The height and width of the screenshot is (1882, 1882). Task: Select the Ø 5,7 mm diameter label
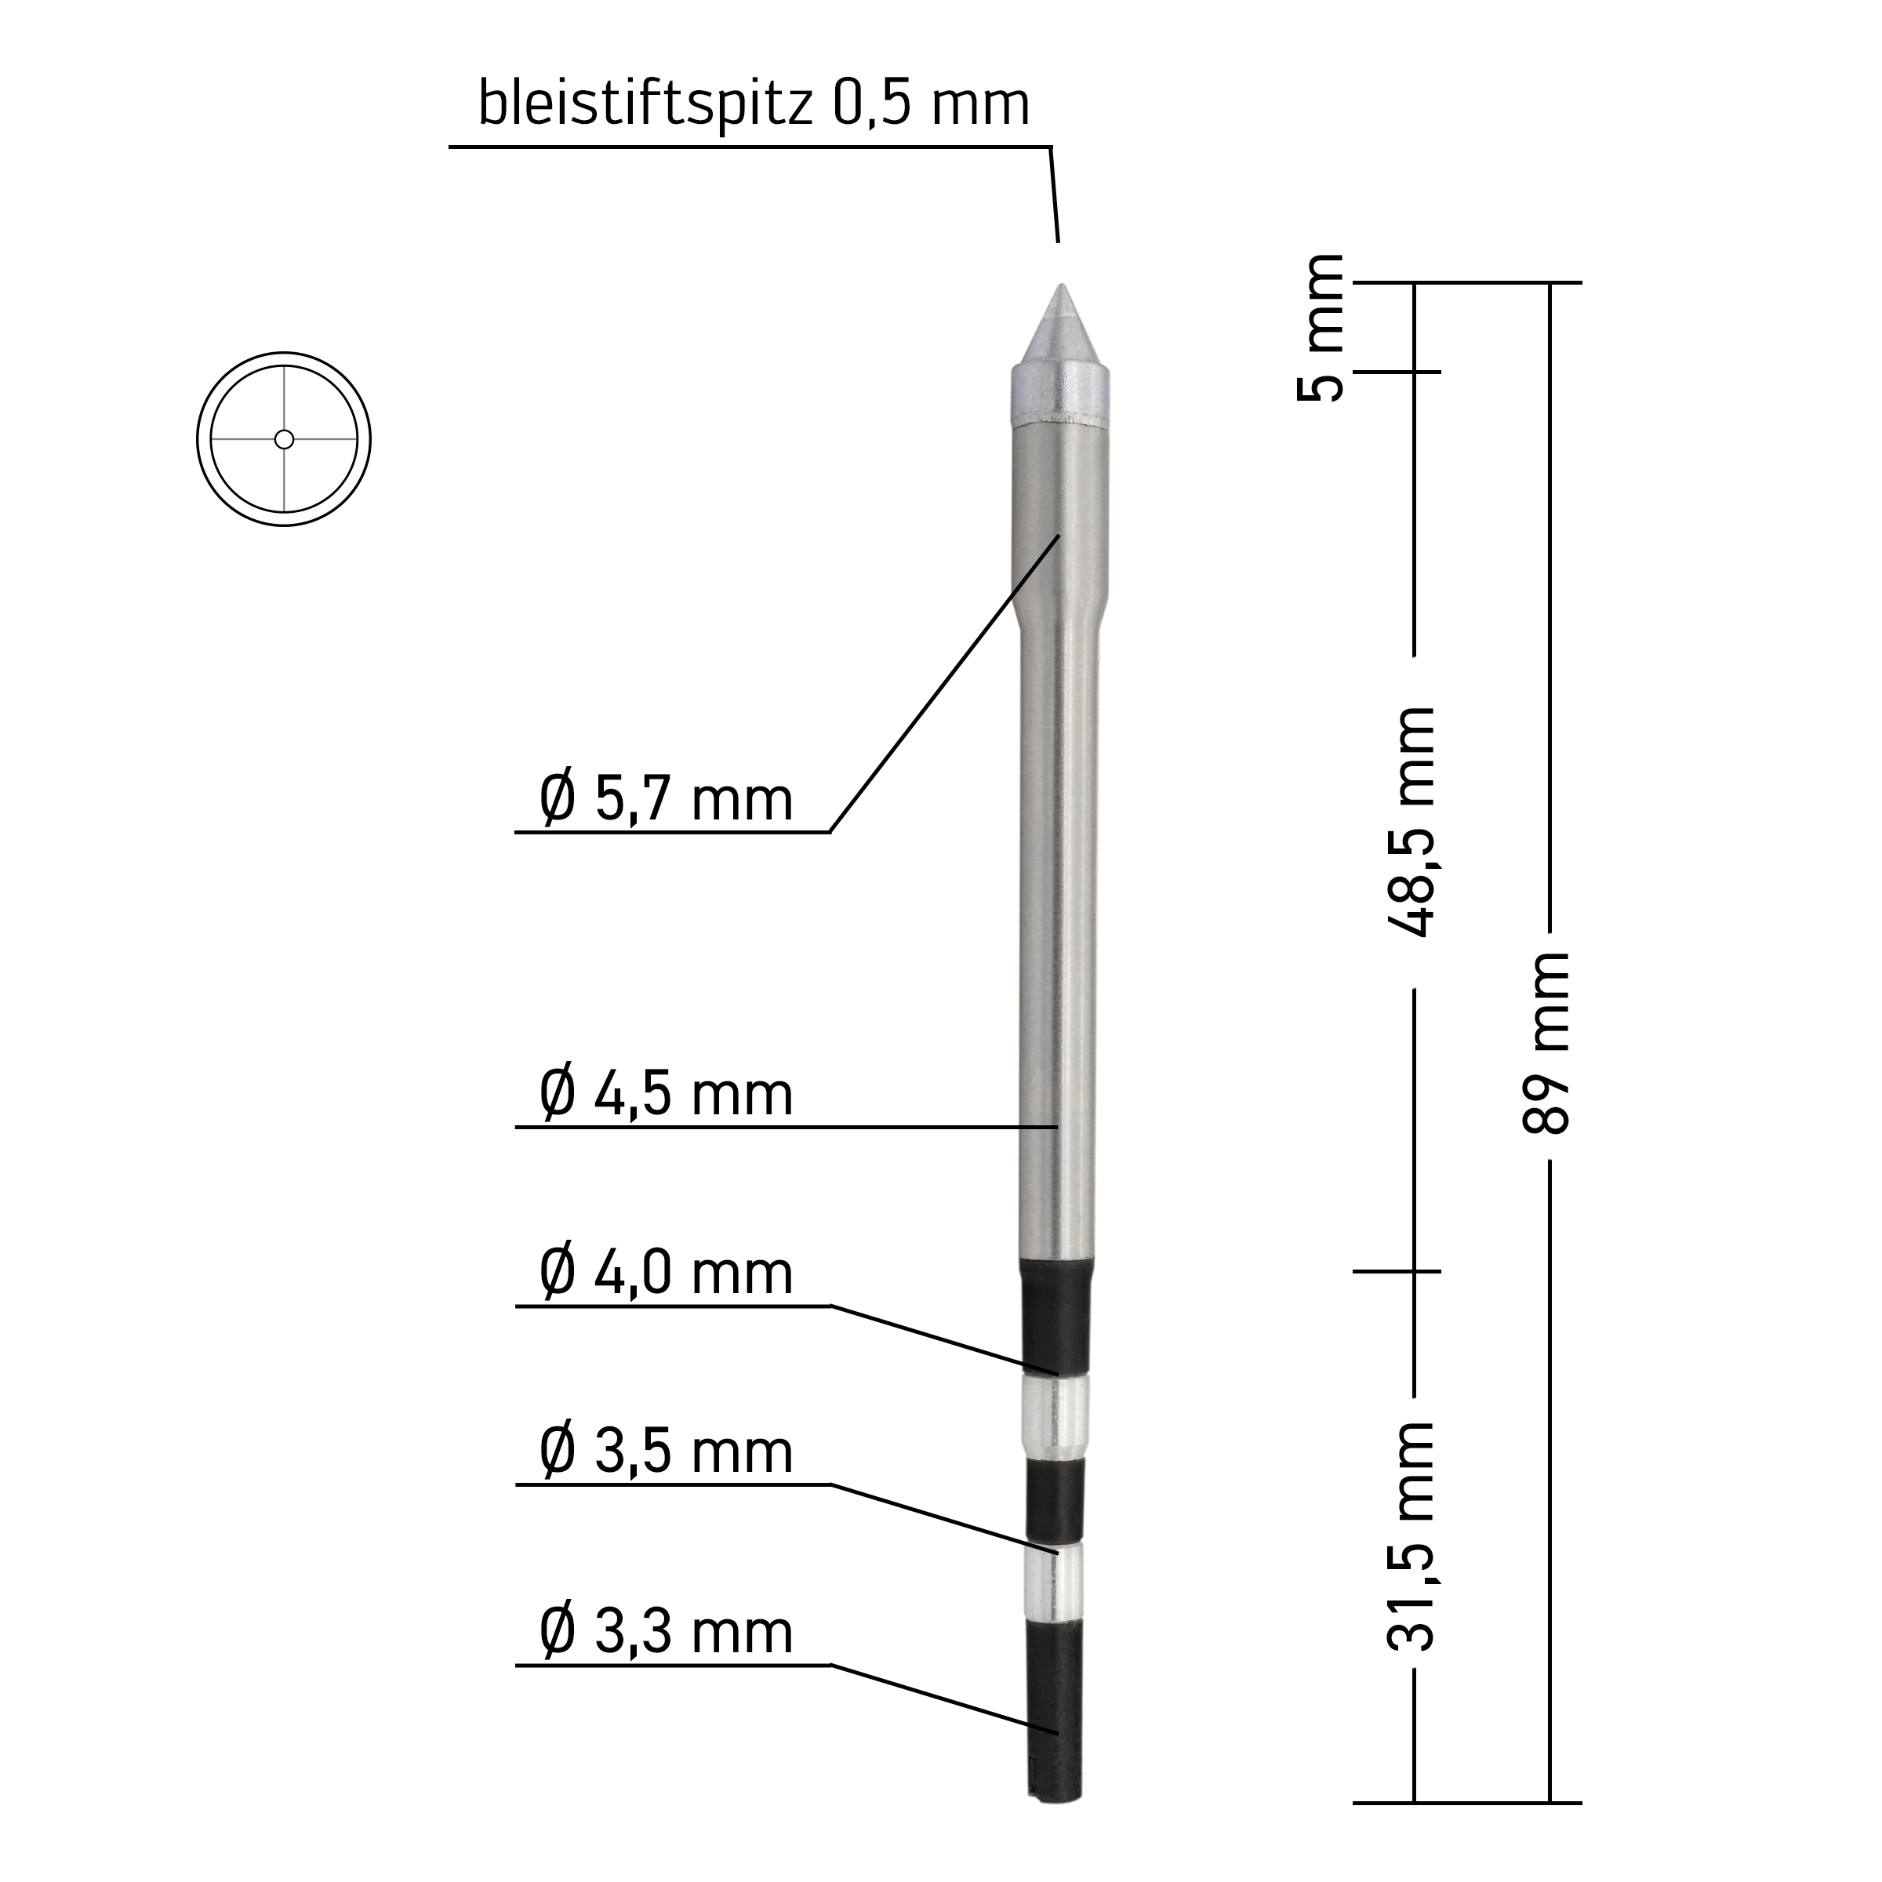point(667,799)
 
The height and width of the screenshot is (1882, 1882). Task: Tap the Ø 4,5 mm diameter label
point(667,1093)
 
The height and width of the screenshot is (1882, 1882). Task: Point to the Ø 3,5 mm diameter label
point(667,1451)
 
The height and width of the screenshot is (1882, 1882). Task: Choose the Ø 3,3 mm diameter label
point(667,1632)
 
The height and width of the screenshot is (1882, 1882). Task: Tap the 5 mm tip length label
point(1320,327)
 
